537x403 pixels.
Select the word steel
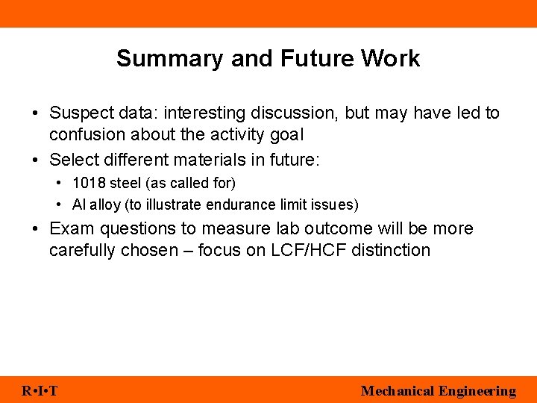tap(125, 183)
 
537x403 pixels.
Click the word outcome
tap(324, 229)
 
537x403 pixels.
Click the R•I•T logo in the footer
tap(40, 390)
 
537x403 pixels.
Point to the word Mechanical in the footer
tap(397, 390)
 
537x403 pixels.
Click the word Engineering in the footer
tap(477, 390)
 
